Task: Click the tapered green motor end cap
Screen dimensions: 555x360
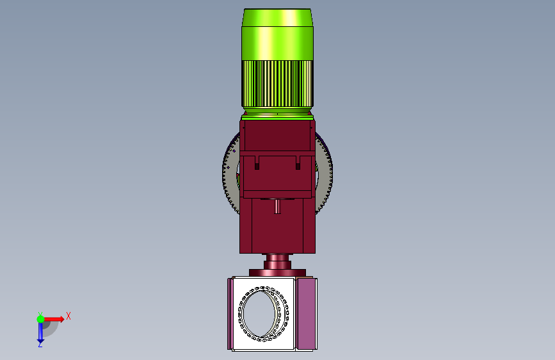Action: coord(278,17)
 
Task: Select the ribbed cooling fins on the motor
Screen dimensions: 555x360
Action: coord(277,84)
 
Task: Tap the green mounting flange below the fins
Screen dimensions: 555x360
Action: coord(278,117)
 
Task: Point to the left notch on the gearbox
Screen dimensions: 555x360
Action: coord(257,165)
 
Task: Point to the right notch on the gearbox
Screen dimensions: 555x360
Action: coord(298,165)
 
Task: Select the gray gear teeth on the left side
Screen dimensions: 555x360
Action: coord(229,173)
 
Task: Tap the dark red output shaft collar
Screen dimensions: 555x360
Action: coord(277,262)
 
